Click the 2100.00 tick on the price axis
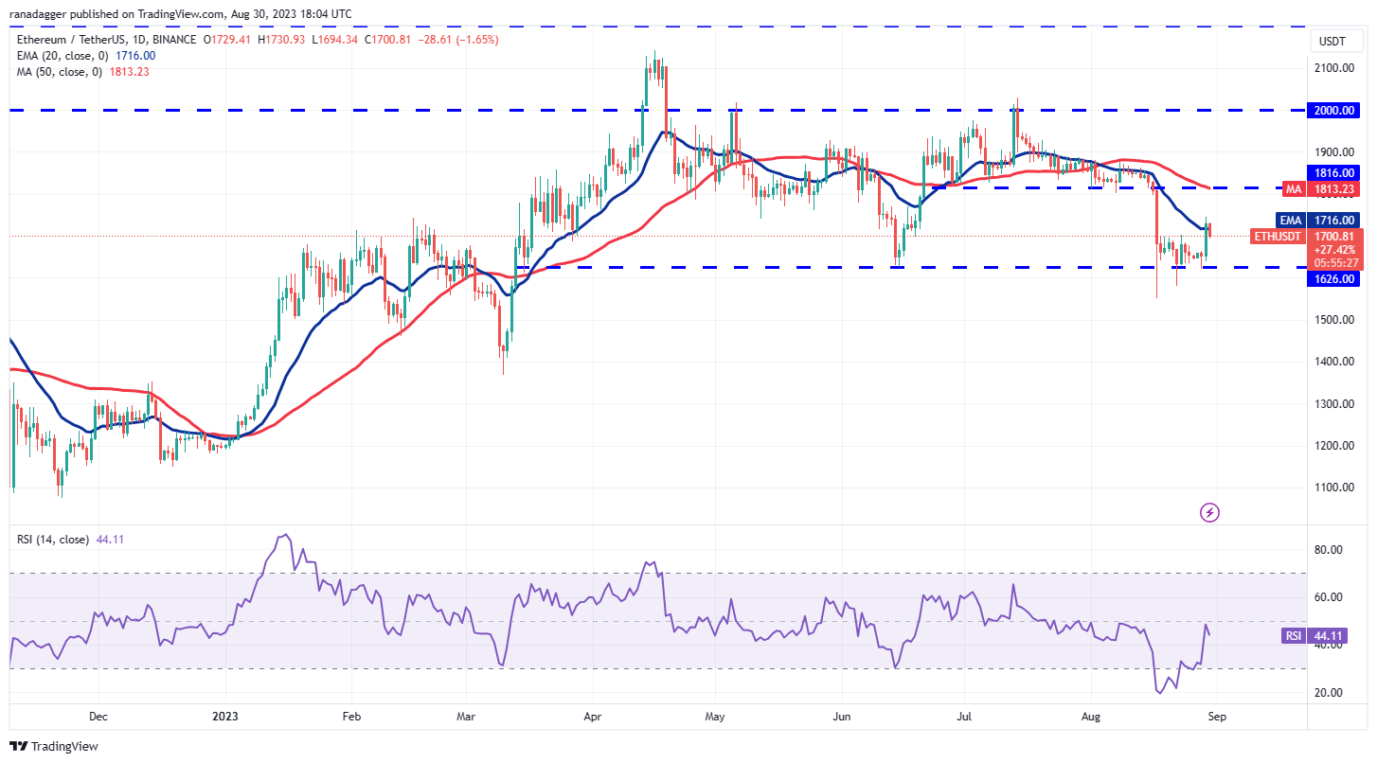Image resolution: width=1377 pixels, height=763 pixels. tap(1334, 68)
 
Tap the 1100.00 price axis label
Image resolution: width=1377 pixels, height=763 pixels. tap(1334, 488)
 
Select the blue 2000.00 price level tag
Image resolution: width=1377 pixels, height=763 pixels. tap(1334, 110)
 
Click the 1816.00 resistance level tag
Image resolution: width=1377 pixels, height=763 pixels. tap(1334, 172)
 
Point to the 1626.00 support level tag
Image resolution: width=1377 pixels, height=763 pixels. tap(1334, 279)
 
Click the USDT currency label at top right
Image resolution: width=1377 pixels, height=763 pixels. tap(1333, 41)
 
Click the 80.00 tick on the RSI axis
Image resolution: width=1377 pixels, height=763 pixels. tap(1331, 549)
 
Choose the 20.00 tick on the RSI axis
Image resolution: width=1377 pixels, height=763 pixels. tap(1331, 692)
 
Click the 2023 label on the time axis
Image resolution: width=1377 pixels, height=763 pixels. tap(225, 717)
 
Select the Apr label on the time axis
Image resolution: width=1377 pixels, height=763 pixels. tap(593, 717)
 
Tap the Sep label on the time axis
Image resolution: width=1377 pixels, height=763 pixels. tap(1217, 717)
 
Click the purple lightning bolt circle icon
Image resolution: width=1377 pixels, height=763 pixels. tap(1209, 512)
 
